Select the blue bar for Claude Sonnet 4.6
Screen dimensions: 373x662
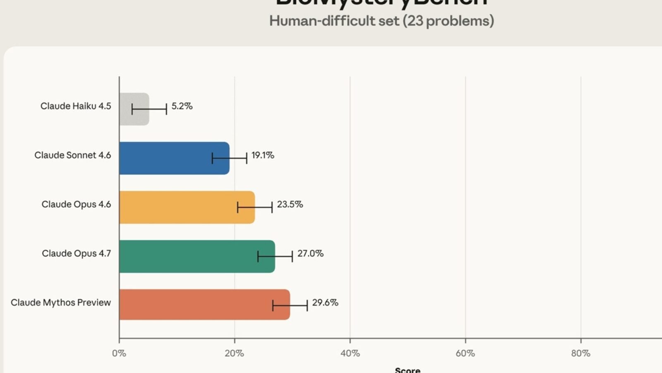174,158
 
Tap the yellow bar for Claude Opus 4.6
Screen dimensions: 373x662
187,207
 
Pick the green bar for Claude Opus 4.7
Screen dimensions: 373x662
197,256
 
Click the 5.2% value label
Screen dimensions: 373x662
182,106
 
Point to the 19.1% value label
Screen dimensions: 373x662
263,155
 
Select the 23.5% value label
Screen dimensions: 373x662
290,204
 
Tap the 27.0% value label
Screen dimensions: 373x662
310,253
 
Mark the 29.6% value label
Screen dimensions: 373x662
325,303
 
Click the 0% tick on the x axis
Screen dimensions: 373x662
119,353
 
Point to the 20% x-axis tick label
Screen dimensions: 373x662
234,353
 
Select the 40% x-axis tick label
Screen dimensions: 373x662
350,353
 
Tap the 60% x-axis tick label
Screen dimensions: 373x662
465,353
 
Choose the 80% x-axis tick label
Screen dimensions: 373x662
580,353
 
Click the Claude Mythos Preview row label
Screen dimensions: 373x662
61,303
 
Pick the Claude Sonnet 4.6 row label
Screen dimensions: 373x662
73,155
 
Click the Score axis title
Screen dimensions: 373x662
408,370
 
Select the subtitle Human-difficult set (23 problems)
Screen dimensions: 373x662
381,21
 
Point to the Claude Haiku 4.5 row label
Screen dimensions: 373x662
76,106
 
